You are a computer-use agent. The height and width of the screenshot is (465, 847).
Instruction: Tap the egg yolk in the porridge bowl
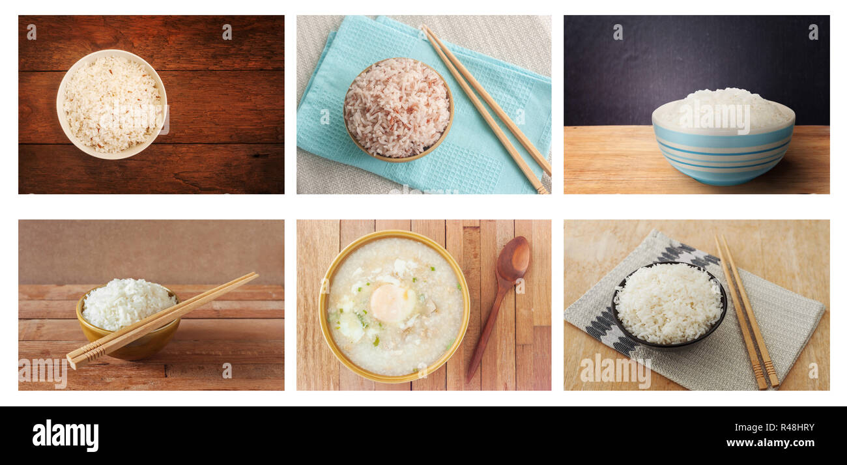(392, 303)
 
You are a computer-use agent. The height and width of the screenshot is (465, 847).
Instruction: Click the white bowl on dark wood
(111, 104)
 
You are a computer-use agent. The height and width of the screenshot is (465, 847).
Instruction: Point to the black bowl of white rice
(668, 305)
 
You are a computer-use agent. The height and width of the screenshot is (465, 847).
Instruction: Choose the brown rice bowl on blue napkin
(397, 109)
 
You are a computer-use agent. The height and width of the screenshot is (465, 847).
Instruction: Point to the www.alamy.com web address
(769, 443)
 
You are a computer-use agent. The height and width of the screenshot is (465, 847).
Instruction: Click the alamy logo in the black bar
(65, 436)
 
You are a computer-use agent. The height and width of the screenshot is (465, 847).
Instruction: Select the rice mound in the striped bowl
(723, 107)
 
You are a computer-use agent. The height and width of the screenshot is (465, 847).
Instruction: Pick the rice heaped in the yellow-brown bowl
(127, 303)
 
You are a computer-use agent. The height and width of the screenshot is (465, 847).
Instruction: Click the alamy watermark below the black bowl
(614, 371)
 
